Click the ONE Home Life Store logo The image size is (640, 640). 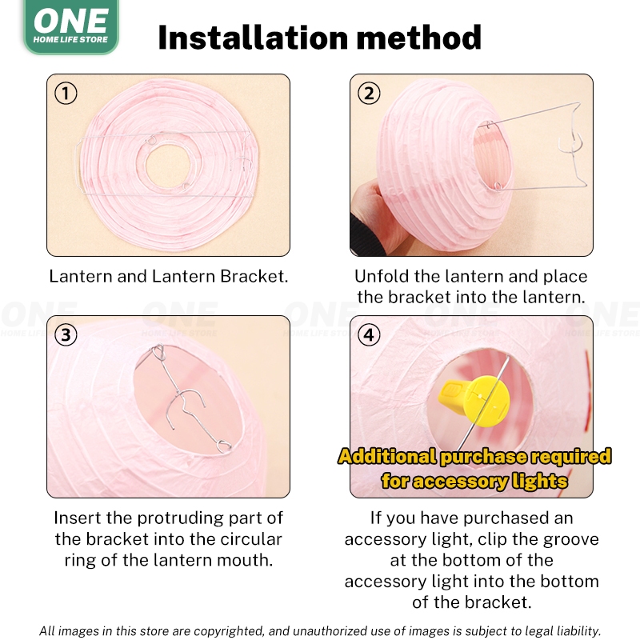71,26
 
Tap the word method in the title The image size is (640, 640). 419,38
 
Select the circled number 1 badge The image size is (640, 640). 66,93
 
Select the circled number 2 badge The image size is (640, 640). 369,93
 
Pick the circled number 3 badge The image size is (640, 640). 66,335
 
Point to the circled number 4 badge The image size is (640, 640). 369,335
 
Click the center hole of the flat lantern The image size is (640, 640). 168,166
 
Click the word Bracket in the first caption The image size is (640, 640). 254,276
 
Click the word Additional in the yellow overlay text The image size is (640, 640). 387,456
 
